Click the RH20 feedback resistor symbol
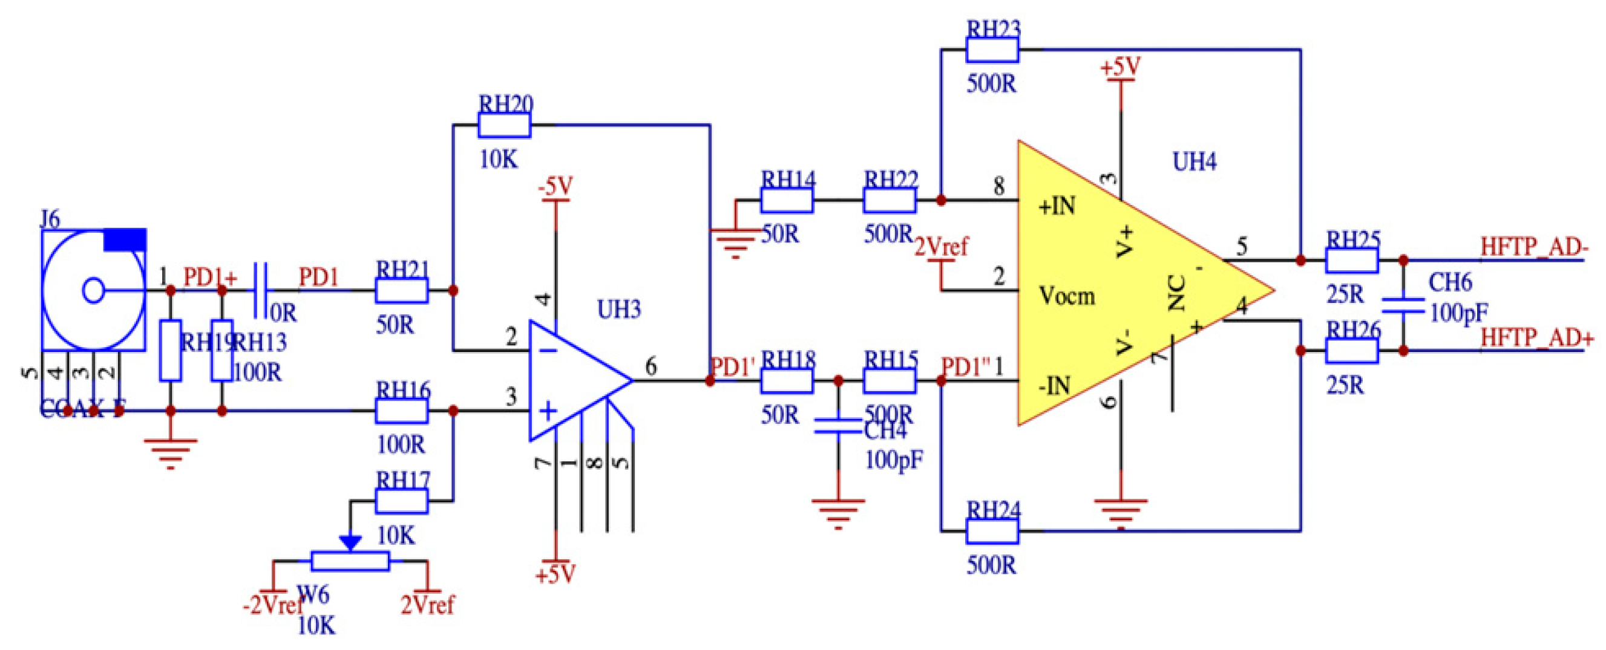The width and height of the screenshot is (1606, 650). (503, 125)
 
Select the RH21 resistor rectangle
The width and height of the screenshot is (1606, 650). (402, 290)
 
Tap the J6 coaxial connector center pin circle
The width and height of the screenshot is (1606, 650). (93, 290)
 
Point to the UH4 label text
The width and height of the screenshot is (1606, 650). (1194, 162)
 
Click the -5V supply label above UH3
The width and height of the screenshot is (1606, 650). (556, 186)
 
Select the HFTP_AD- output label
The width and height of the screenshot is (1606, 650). (1533, 247)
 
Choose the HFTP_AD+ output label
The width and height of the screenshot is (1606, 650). (1536, 339)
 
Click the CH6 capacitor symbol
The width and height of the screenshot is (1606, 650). (1403, 305)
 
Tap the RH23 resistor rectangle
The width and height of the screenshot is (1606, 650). (992, 49)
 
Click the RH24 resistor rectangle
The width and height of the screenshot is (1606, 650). (992, 531)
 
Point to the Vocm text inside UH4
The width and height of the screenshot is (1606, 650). (1067, 296)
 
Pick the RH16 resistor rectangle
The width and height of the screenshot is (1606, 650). (402, 411)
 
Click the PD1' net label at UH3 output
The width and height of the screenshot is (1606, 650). (733, 368)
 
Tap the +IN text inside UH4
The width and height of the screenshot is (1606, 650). (1057, 206)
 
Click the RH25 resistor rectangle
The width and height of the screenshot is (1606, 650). (1351, 261)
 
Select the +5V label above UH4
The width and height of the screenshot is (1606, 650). (1120, 67)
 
